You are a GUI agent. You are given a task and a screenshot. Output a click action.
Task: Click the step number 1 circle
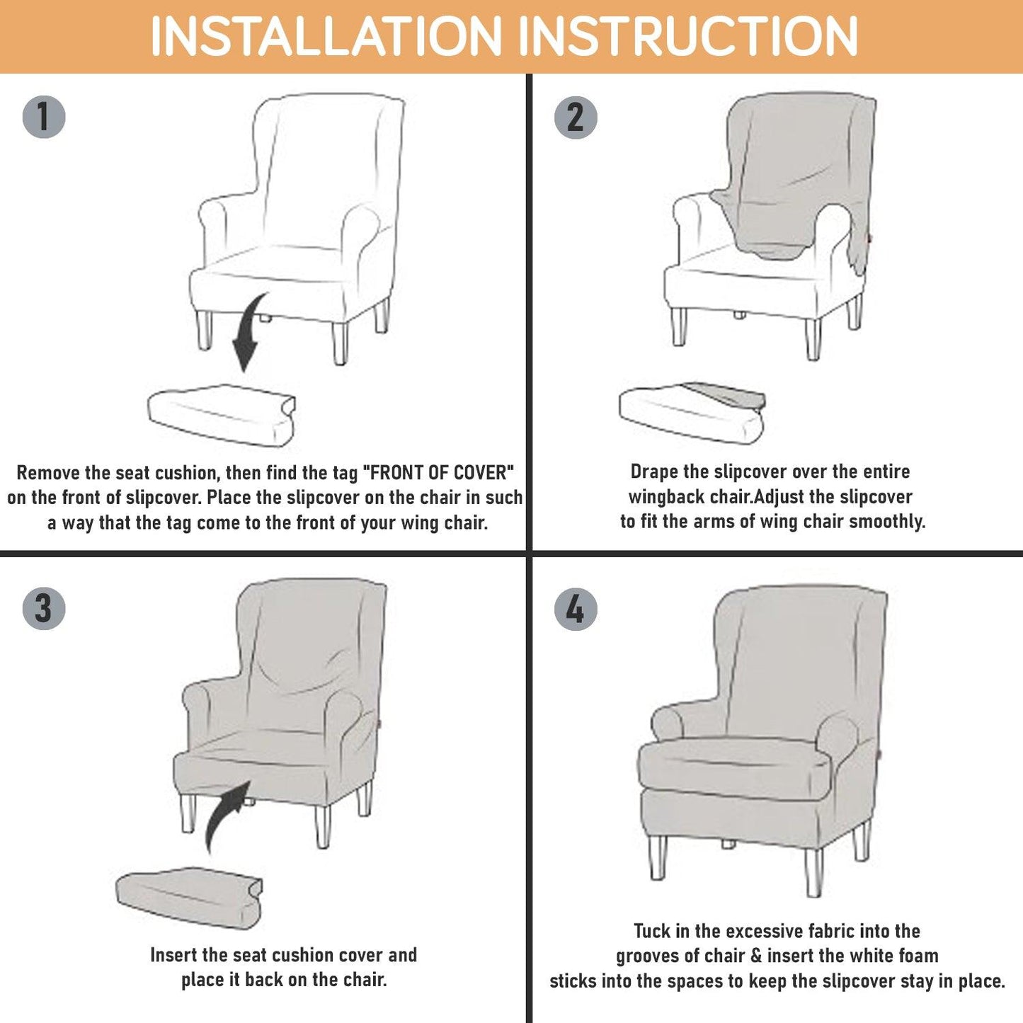tap(44, 117)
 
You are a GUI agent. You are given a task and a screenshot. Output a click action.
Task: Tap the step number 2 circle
tap(576, 118)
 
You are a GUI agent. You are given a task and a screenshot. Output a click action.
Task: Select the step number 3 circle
tap(44, 608)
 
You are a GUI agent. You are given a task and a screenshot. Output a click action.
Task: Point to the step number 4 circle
tap(576, 609)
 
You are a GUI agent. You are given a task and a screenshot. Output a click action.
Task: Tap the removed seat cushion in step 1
tap(222, 415)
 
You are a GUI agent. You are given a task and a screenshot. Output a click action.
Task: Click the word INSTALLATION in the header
tap(326, 36)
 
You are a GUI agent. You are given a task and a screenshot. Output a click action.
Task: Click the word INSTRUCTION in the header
tap(688, 36)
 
